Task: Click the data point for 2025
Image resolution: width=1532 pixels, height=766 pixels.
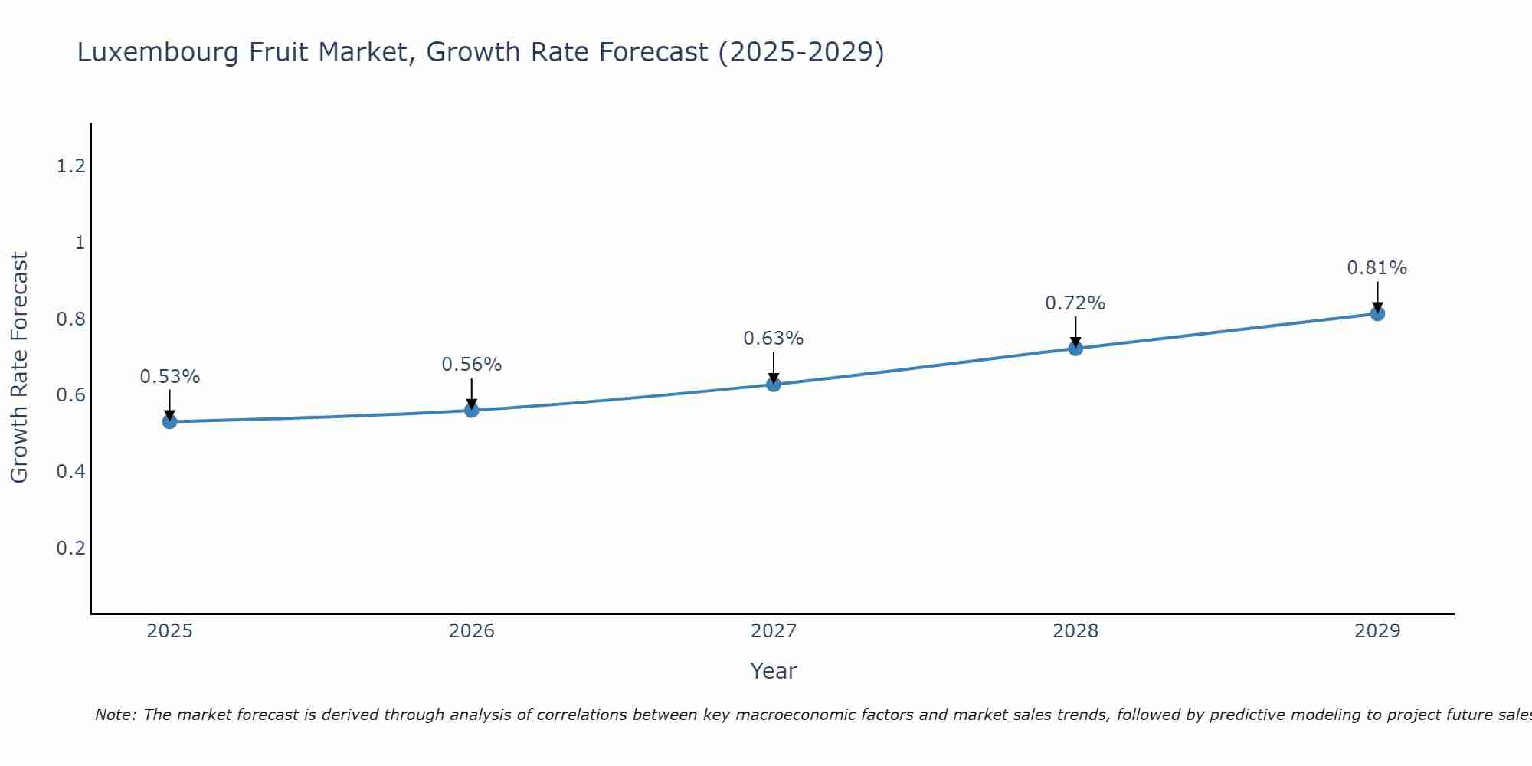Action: coord(169,421)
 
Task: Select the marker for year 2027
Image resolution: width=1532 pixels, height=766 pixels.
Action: coord(774,384)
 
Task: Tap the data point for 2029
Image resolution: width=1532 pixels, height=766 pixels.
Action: coord(1377,313)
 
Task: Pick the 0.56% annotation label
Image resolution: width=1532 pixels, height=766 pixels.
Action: coord(471,365)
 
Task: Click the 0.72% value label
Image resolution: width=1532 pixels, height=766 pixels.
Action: coord(1075,303)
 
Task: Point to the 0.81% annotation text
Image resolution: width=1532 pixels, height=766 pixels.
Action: coord(1377,268)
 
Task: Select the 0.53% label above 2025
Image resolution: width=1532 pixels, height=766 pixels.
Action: coord(169,377)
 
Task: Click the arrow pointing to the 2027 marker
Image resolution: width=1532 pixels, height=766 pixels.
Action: coord(774,366)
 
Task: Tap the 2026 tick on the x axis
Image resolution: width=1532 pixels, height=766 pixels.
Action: coord(471,631)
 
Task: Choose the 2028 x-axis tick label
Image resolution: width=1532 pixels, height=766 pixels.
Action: coord(1075,631)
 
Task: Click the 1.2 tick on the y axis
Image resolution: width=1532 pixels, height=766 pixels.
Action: coord(70,165)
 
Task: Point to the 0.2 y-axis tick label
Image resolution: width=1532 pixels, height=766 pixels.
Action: coord(70,548)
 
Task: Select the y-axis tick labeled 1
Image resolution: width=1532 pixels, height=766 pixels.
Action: coord(79,243)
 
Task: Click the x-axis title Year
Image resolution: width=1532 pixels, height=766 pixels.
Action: coord(773,671)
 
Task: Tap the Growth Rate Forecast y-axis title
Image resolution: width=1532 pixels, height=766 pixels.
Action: coord(19,368)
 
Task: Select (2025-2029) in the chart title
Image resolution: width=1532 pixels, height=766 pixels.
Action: coord(800,52)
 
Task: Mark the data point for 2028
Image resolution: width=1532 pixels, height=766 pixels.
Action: coord(1075,349)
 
